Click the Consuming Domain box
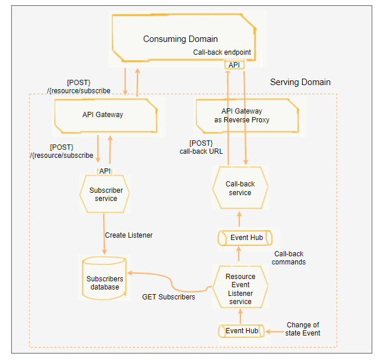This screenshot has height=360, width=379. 181,39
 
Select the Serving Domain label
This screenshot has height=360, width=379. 300,82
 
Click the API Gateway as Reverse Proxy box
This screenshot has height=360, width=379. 242,115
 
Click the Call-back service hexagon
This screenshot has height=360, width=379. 240,188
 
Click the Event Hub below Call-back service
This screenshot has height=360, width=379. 245,238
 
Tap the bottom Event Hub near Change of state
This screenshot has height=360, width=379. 242,331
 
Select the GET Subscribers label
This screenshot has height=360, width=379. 169,297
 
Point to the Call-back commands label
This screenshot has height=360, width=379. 289,258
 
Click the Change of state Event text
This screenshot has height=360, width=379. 302,329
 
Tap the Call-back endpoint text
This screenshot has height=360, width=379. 222,52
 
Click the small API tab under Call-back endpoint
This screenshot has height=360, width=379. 234,65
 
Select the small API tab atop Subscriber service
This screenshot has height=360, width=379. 105,171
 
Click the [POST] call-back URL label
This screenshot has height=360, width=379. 201,147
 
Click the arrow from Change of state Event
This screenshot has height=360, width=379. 275,331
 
